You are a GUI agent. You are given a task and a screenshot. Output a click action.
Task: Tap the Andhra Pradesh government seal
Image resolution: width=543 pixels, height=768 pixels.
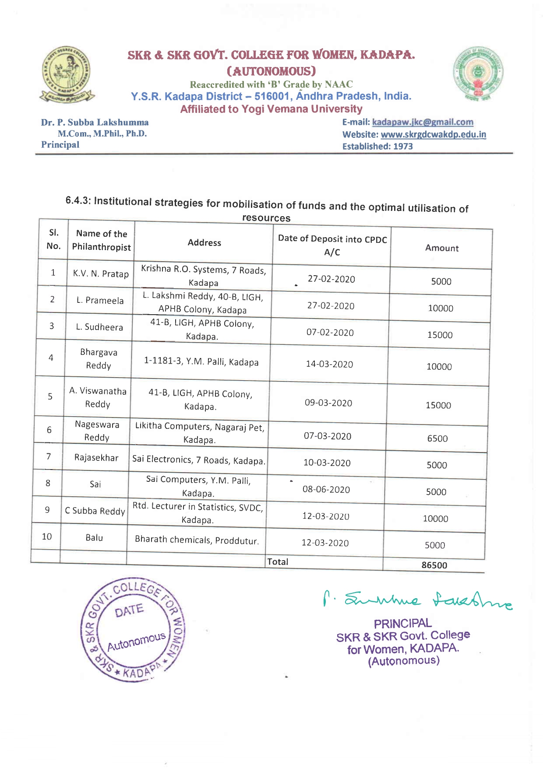click(x=478, y=74)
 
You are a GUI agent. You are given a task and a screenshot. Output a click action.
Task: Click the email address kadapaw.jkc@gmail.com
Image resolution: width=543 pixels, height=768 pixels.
click(x=423, y=122)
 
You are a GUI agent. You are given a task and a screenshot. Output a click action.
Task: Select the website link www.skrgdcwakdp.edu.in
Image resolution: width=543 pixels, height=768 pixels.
click(x=433, y=134)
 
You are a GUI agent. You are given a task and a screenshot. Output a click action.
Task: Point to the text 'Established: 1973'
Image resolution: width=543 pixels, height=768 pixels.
click(x=377, y=146)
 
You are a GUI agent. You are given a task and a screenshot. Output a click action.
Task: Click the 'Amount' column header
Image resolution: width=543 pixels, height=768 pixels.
click(x=442, y=248)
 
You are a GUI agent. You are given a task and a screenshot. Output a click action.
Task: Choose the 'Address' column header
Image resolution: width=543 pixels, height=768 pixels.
click(x=204, y=242)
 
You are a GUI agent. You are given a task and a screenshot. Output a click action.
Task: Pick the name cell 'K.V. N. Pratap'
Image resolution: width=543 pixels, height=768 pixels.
click(x=101, y=274)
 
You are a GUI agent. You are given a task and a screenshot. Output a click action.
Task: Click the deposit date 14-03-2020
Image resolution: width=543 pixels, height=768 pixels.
click(x=329, y=364)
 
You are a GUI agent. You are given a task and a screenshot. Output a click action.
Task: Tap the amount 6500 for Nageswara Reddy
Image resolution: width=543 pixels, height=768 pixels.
click(x=437, y=438)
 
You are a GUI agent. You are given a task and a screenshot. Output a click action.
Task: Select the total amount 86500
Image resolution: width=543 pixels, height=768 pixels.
click(x=434, y=565)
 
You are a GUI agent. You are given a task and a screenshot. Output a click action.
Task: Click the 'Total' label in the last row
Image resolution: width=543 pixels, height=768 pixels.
click(x=278, y=562)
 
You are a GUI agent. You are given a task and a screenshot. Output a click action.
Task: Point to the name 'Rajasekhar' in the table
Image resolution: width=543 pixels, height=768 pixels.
click(x=96, y=458)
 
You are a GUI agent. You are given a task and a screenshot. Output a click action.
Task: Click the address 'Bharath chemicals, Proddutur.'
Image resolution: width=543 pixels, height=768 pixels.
click(x=197, y=540)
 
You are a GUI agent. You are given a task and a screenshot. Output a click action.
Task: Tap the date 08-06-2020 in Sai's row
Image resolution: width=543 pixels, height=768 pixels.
click(x=326, y=489)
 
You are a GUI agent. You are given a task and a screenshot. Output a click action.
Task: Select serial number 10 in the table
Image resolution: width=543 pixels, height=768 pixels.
click(x=46, y=537)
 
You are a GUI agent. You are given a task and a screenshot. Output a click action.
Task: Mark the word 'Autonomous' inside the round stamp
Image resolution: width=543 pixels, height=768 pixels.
click(x=137, y=641)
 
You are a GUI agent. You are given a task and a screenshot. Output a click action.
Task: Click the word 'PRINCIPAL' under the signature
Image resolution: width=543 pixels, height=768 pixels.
click(x=402, y=624)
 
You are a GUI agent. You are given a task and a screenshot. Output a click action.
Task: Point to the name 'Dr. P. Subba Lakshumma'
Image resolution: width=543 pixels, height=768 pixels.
click(x=95, y=123)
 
